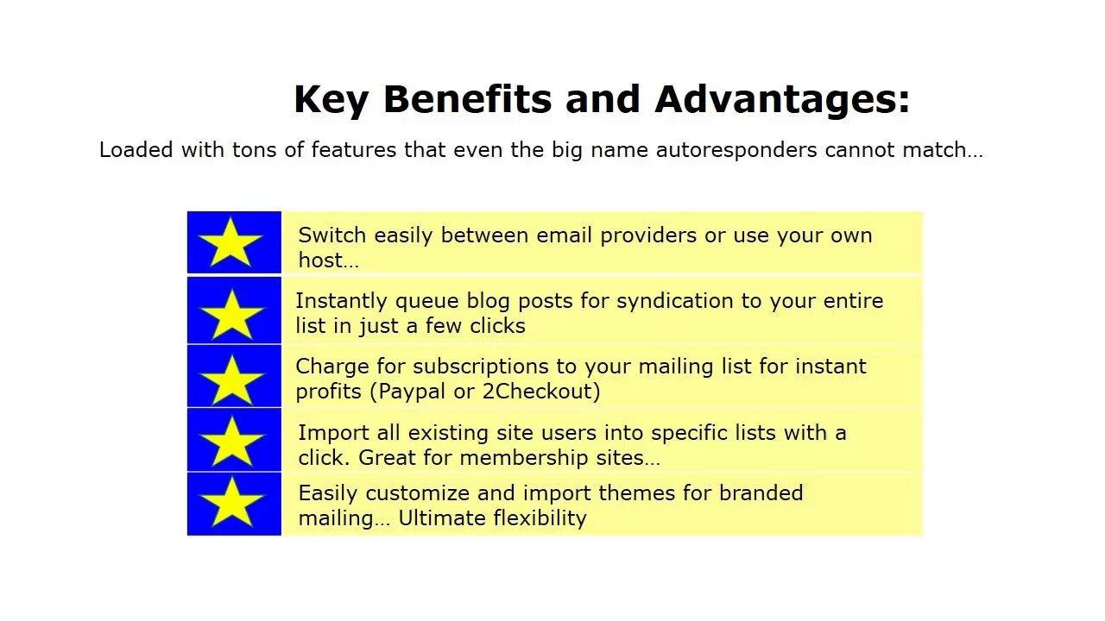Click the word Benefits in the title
[467, 99]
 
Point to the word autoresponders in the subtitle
[736, 150]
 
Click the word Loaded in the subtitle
[136, 150]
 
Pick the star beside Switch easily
[230, 242]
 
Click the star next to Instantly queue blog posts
[232, 314]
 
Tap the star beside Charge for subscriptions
[232, 379]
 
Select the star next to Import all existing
[232, 442]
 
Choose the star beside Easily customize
[232, 502]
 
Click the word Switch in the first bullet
[332, 235]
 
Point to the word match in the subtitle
[934, 150]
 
